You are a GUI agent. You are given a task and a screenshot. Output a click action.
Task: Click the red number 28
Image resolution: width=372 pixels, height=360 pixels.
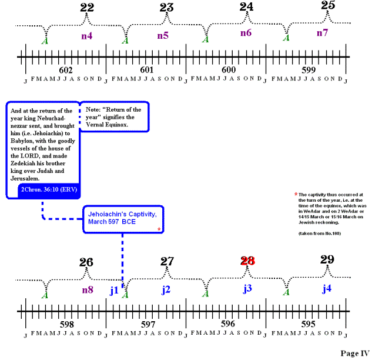point(248,261)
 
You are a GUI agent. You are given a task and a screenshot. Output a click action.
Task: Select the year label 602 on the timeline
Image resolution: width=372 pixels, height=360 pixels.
point(66,69)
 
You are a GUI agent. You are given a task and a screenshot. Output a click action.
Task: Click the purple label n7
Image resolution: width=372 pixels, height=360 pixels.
point(322,33)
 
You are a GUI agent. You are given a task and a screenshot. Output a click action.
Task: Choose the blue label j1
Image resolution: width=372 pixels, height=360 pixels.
point(114,289)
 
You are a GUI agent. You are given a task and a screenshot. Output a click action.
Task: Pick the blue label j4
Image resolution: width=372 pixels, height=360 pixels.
point(327,289)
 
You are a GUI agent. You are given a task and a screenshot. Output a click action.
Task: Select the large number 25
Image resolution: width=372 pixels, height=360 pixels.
point(329,6)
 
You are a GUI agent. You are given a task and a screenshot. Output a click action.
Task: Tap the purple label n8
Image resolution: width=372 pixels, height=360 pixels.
point(87,289)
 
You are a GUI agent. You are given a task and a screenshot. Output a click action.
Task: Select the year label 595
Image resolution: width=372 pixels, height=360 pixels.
point(308,324)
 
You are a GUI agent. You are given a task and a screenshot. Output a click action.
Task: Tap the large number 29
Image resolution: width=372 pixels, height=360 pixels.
point(327,259)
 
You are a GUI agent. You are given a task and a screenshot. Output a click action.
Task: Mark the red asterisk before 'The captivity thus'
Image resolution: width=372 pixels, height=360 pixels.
point(296,194)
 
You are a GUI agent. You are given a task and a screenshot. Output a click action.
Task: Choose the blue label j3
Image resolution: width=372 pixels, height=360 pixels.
point(247,289)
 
